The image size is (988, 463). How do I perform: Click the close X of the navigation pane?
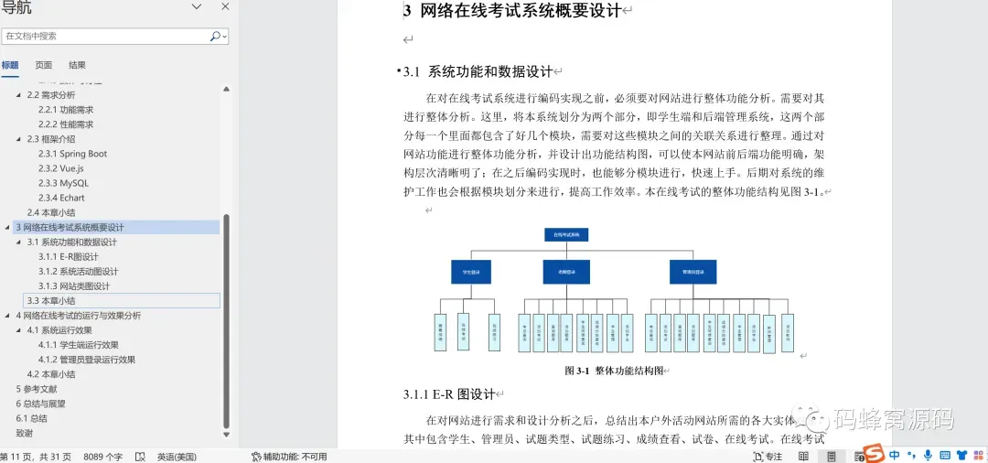(x=225, y=7)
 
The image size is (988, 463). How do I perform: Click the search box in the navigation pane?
(x=105, y=37)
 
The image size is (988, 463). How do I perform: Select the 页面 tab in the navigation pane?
(x=44, y=65)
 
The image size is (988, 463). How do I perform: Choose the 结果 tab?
(x=78, y=65)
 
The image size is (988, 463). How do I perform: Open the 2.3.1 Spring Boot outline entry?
(x=72, y=154)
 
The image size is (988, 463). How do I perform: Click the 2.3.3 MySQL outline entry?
(x=63, y=183)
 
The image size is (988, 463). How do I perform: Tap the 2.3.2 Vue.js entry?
(x=60, y=168)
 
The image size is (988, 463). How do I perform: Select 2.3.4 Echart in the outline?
(x=61, y=198)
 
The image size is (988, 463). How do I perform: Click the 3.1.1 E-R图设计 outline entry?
(x=68, y=256)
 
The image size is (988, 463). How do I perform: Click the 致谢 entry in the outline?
(x=25, y=433)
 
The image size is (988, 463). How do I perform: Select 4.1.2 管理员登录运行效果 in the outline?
(x=86, y=360)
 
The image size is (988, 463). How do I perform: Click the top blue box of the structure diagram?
(x=565, y=234)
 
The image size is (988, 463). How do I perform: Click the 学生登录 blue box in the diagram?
(x=472, y=272)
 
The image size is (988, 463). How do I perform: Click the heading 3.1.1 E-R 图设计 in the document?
(x=448, y=394)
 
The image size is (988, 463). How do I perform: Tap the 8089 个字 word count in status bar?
(x=103, y=456)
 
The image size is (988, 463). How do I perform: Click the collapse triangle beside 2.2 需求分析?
(x=18, y=95)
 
